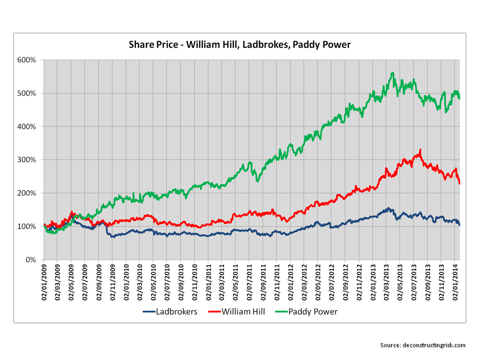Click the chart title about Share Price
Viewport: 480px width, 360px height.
tap(240, 45)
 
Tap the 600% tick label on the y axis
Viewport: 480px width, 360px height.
tap(27, 60)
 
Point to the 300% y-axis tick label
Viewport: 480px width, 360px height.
tap(27, 160)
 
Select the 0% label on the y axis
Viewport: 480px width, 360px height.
tap(31, 260)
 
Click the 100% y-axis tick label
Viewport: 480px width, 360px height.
tap(27, 226)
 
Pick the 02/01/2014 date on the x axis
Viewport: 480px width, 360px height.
tap(455, 283)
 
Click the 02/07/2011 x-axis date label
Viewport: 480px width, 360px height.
tap(249, 283)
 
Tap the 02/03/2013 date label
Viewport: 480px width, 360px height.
tap(387, 283)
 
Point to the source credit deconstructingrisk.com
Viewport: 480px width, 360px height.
tap(423, 345)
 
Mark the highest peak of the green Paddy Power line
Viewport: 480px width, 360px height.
tap(393, 73)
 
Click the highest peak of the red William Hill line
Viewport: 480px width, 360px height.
tap(420, 149)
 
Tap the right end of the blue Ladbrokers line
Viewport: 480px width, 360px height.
tap(459, 225)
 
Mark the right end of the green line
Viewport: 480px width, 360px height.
tap(459, 98)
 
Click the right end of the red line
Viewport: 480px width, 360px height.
tap(459, 183)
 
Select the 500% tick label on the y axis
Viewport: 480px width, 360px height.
tap(27, 93)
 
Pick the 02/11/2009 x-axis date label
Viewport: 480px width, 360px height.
tap(112, 283)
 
